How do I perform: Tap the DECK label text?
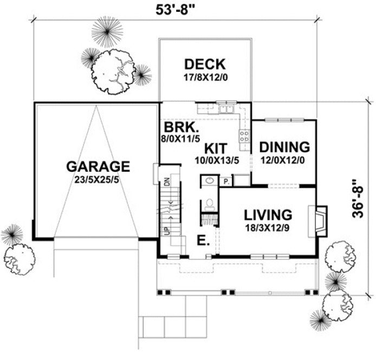coord(204,63)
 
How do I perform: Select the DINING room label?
coord(284,146)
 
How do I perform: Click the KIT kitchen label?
coord(216,147)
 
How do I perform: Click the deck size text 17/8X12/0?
coord(204,77)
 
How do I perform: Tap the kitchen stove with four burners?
coord(244,136)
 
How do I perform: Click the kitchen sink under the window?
coord(225,110)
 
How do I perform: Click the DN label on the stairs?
coord(167,182)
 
